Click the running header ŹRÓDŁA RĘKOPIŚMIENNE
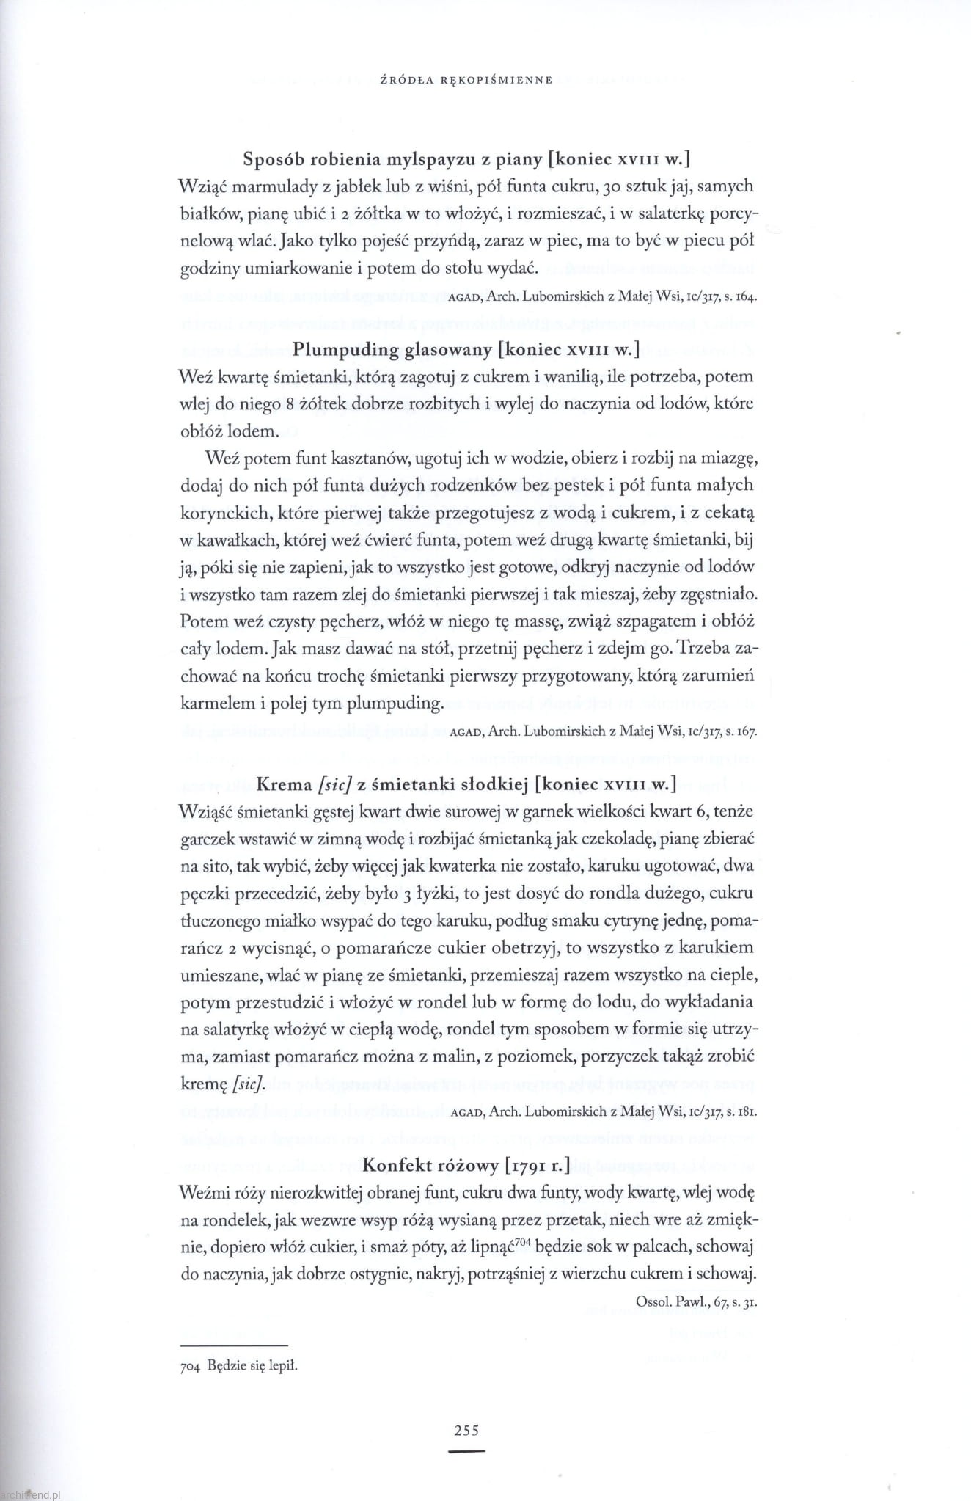click(x=461, y=80)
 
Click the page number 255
click(x=466, y=1429)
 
